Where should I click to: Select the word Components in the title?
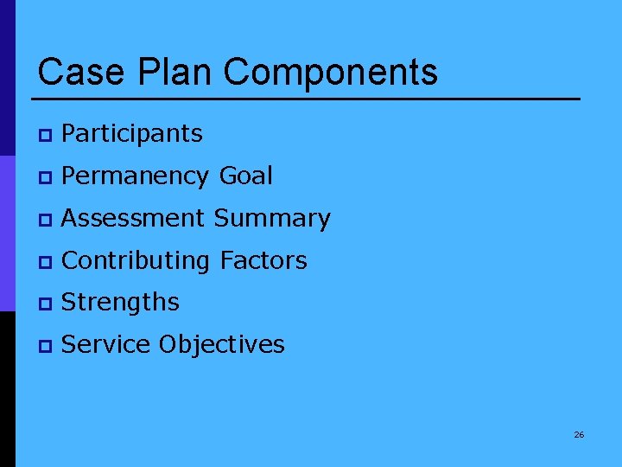click(x=331, y=72)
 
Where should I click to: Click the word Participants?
click(x=132, y=133)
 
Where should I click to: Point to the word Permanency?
click(x=136, y=176)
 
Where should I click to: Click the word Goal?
click(x=246, y=176)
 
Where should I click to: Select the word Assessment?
click(x=134, y=218)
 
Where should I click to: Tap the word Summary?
click(x=272, y=219)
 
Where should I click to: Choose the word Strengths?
click(x=121, y=303)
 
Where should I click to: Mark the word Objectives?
click(x=221, y=345)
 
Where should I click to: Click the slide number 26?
click(x=579, y=434)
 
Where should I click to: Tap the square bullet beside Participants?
click(x=44, y=135)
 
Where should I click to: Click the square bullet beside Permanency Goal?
click(x=44, y=177)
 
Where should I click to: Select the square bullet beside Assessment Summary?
click(x=44, y=220)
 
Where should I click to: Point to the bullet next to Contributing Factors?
click(x=44, y=261)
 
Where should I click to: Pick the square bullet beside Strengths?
click(x=44, y=304)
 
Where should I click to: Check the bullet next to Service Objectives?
click(x=44, y=346)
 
